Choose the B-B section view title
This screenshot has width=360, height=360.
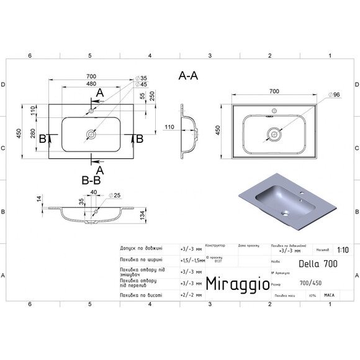(x=91, y=180)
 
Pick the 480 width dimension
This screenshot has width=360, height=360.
(x=91, y=85)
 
